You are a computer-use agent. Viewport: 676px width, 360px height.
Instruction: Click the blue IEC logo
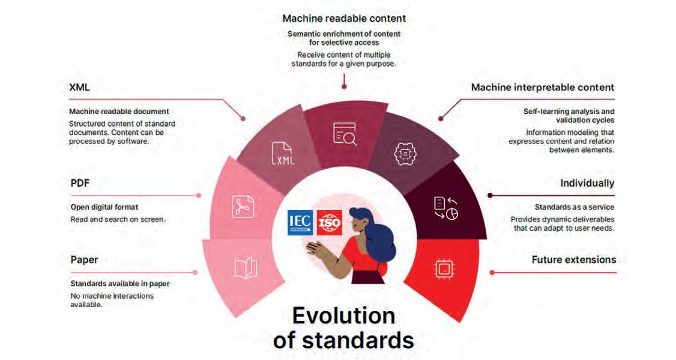click(300, 223)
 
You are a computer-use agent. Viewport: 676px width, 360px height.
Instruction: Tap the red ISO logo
click(328, 223)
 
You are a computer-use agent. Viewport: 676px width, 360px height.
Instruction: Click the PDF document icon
click(243, 206)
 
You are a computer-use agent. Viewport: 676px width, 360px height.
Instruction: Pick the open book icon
click(246, 268)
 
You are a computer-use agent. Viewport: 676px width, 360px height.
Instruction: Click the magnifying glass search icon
click(345, 134)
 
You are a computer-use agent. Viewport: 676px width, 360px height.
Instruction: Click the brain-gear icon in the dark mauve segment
click(405, 154)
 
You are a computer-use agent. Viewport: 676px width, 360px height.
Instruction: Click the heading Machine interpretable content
click(542, 88)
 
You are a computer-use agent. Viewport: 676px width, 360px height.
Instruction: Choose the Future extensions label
click(573, 260)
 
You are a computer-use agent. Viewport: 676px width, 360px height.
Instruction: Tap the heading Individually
click(587, 183)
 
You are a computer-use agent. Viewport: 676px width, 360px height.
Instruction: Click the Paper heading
click(84, 260)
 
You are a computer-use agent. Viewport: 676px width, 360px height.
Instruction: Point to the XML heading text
click(80, 88)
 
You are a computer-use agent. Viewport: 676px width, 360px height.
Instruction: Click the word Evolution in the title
click(343, 316)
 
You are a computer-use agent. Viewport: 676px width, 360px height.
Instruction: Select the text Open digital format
click(104, 208)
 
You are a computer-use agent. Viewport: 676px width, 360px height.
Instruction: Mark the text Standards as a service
click(574, 208)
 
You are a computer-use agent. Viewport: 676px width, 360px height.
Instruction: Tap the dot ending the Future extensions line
click(492, 272)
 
